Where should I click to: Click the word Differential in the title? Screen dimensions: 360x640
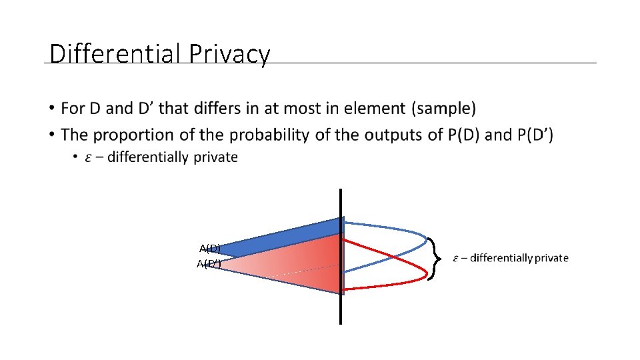click(x=116, y=54)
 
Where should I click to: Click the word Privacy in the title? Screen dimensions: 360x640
click(x=229, y=54)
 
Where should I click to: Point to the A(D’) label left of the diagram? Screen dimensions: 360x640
click(x=209, y=264)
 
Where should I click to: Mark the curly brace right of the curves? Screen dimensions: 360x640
click(x=435, y=258)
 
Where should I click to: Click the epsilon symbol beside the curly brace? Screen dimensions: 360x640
click(x=456, y=259)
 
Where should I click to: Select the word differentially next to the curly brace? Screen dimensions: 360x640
click(x=501, y=258)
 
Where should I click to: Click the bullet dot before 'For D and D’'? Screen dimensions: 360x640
click(x=51, y=108)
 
